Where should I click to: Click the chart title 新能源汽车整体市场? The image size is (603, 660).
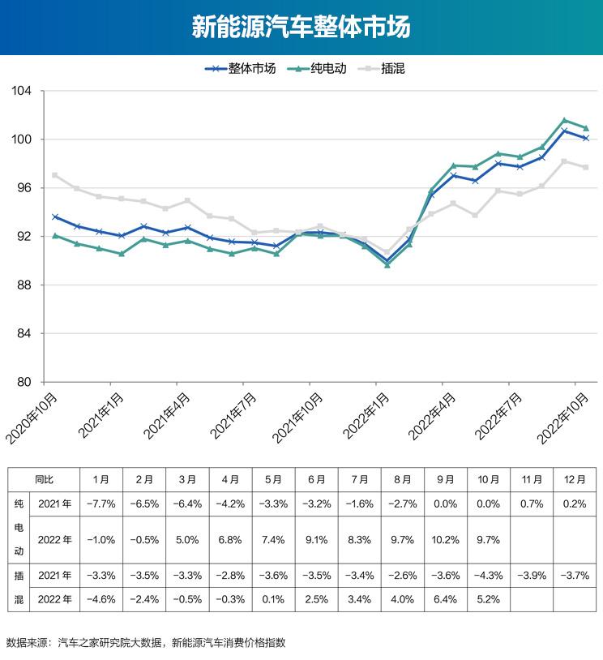click(x=301, y=28)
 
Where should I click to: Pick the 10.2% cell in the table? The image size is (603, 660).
click(x=446, y=539)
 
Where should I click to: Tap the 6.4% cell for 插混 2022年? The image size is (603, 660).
click(x=446, y=600)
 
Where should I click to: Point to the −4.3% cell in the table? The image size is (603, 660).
click(x=489, y=576)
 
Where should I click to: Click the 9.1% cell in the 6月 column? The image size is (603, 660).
click(x=317, y=539)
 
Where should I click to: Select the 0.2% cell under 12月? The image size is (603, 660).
click(x=575, y=504)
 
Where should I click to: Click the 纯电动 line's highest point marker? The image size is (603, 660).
click(x=564, y=120)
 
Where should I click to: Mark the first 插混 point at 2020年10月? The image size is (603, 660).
click(x=55, y=175)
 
